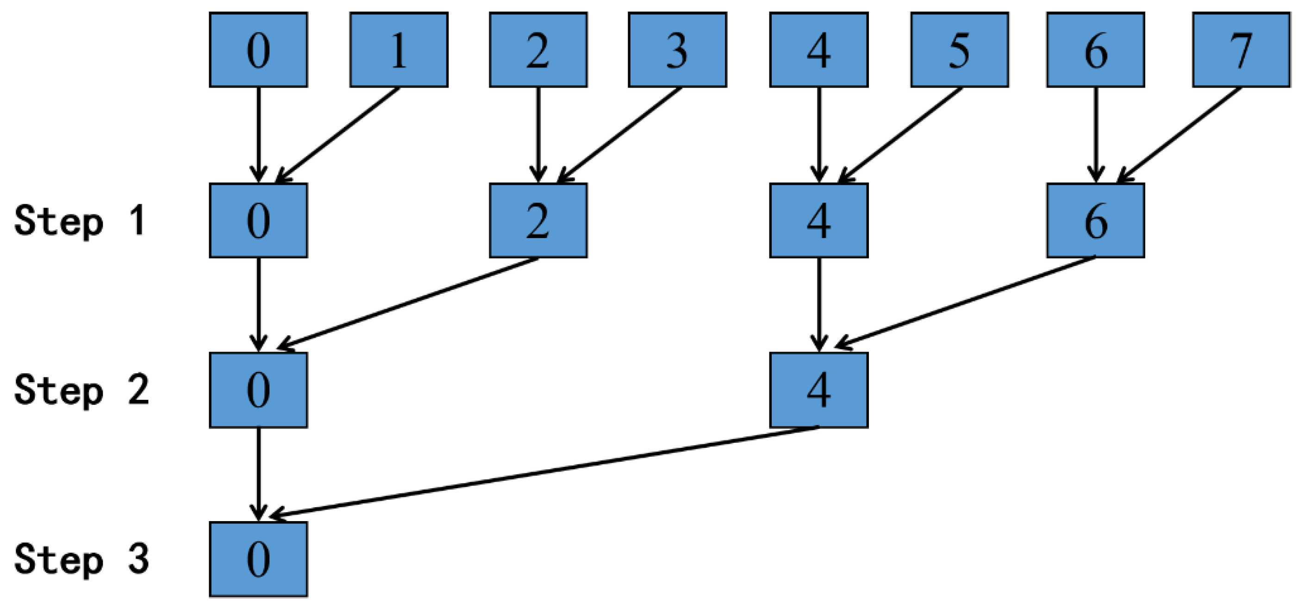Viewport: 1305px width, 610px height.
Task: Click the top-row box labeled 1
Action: [x=399, y=50]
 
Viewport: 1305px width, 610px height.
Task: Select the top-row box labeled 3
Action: [x=677, y=50]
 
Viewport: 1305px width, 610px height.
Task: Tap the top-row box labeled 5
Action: [x=959, y=50]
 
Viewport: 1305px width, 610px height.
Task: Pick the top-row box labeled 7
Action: [x=1241, y=50]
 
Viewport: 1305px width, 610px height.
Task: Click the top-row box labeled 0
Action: [x=258, y=50]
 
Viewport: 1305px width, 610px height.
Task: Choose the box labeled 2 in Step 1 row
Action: [x=538, y=220]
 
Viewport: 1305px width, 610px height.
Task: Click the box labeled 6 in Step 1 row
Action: [x=1095, y=220]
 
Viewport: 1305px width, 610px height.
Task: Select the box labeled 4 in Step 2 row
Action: [x=818, y=390]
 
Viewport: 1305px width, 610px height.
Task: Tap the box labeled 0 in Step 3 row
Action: [x=258, y=559]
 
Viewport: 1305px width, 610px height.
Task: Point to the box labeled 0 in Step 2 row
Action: [x=258, y=390]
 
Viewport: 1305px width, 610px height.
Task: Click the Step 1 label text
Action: [x=81, y=221]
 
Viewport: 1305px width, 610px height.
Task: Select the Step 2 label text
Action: [x=81, y=390]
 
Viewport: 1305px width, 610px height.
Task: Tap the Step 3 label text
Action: [x=81, y=560]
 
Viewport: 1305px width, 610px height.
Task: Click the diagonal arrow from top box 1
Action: [x=337, y=134]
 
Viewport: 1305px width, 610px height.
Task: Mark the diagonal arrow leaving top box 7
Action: [x=1180, y=134]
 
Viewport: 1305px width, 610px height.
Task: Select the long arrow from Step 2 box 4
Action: [x=544, y=472]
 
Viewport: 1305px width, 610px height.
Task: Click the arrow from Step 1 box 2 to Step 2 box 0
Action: [x=408, y=303]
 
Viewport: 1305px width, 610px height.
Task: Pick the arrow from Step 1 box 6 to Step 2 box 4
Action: [x=965, y=303]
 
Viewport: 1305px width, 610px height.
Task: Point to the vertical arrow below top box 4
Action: [x=818, y=134]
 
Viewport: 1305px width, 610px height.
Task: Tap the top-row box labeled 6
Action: [x=1095, y=50]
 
